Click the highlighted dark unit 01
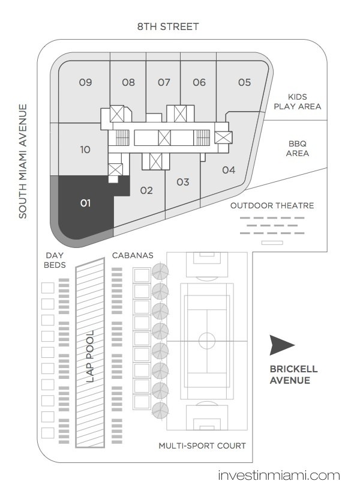[x=86, y=206]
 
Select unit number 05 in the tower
[x=244, y=82]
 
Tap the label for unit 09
[x=85, y=82]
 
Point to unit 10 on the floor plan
[x=85, y=150]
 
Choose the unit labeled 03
[x=182, y=182]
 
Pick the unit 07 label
[x=164, y=82]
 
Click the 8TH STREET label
[x=168, y=26]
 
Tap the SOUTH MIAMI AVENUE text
[x=23, y=162]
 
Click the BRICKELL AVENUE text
[x=293, y=374]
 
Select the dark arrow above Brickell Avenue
[x=280, y=345]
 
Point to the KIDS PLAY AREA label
[x=297, y=101]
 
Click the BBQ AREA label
[x=298, y=148]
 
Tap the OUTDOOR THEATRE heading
[x=272, y=205]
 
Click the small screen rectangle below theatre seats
[x=272, y=243]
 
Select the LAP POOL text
[x=90, y=357]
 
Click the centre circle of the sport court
[x=206, y=340]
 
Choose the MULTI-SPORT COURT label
[x=202, y=446]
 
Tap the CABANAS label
[x=133, y=255]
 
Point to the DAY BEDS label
[x=55, y=261]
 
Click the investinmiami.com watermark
[x=279, y=476]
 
